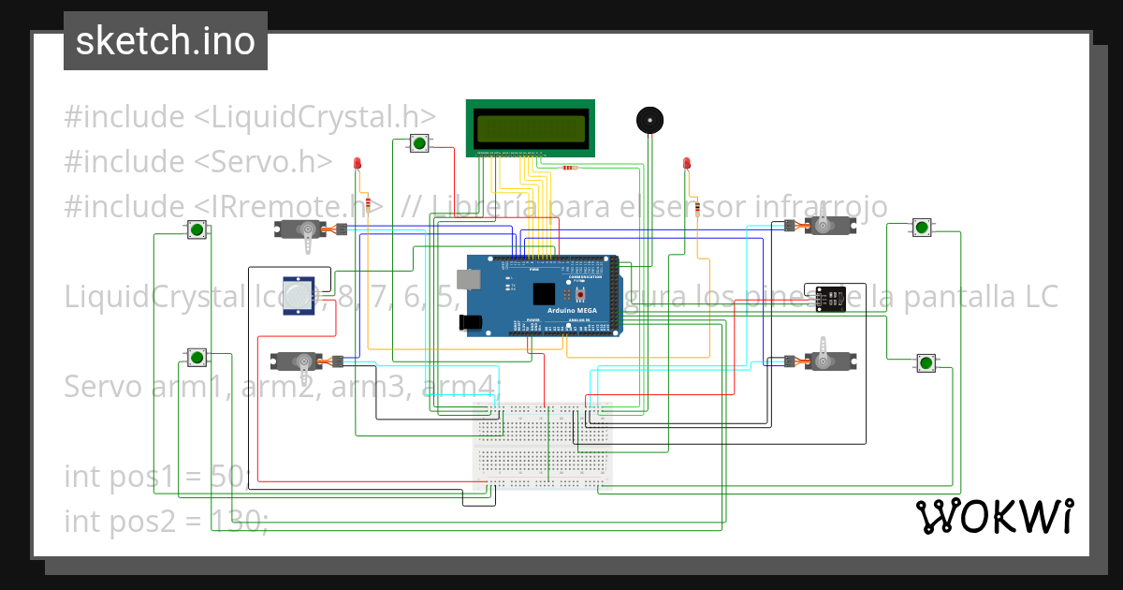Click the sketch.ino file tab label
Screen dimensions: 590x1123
click(165, 41)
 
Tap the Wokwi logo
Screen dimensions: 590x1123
click(994, 516)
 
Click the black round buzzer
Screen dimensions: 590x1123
click(649, 120)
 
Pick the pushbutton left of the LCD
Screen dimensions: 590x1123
click(419, 143)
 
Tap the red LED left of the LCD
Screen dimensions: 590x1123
click(357, 165)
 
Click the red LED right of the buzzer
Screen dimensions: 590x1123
click(686, 165)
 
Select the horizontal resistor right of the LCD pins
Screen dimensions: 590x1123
click(569, 169)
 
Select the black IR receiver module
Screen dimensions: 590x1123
click(829, 298)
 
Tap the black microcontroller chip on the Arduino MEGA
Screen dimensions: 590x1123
click(546, 294)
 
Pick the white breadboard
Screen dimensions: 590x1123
click(543, 446)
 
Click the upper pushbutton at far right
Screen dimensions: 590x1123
click(922, 228)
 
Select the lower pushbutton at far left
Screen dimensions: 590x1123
click(197, 357)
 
